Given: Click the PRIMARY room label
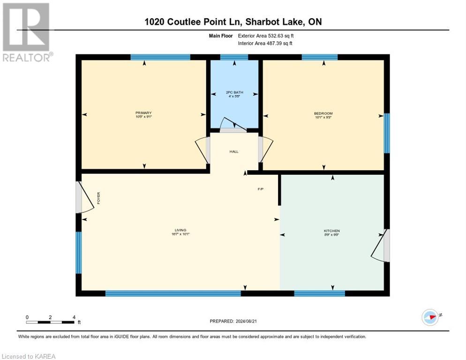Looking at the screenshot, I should (143, 113).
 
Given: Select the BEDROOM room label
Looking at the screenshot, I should (323, 113).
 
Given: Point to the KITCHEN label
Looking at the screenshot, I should (331, 231).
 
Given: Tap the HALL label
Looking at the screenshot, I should (234, 152).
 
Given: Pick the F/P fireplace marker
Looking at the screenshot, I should (261, 189).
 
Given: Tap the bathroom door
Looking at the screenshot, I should (234, 125).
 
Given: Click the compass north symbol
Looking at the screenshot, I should (430, 317).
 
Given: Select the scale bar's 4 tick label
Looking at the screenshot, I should (74, 317).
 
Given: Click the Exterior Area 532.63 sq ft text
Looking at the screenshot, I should (266, 36).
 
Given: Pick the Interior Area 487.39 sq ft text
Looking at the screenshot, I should (266, 44).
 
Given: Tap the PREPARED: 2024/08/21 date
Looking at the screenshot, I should (234, 321).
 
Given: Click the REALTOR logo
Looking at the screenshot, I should (27, 32).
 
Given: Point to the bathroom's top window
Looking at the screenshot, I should (234, 57).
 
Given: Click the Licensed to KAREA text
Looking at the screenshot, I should (29, 356).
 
